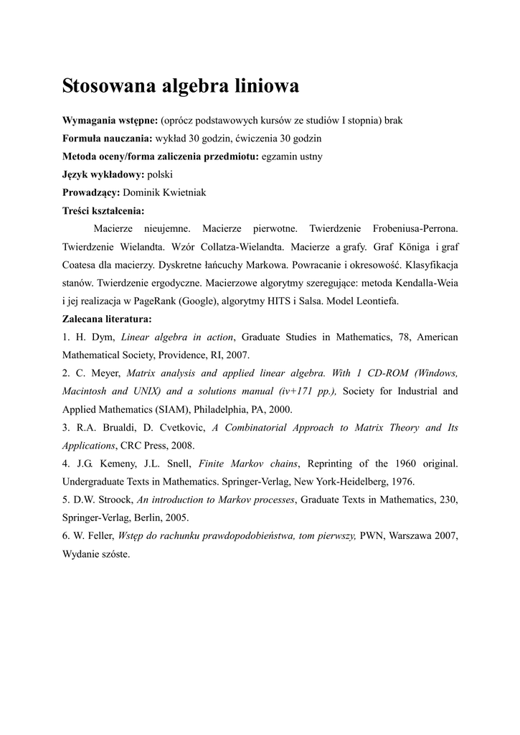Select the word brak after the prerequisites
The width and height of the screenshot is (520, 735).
pos(394,120)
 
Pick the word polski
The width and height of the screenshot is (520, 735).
pos(159,174)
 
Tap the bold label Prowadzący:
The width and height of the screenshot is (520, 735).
pos(91,192)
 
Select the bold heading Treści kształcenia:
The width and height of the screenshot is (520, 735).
pos(103,210)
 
